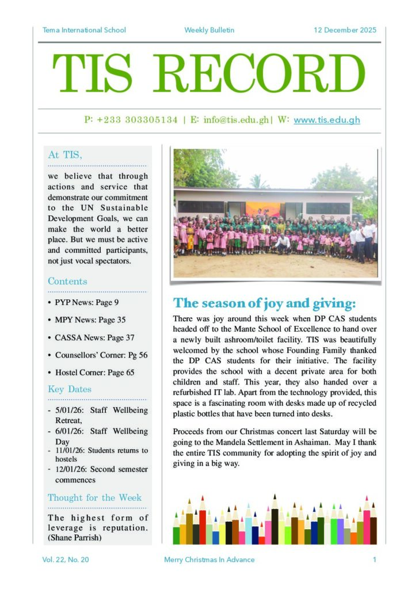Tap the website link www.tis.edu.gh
click(326, 120)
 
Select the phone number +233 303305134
click(131, 120)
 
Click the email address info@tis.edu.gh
click(236, 120)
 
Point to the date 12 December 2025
click(345, 30)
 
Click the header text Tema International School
click(84, 30)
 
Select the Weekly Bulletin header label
click(209, 30)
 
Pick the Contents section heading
click(67, 282)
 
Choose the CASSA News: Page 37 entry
click(94, 337)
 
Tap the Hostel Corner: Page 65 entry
click(94, 372)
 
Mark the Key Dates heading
click(70, 389)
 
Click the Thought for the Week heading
click(94, 497)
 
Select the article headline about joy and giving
click(265, 303)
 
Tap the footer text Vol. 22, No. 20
click(66, 559)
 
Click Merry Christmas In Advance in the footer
click(209, 559)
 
